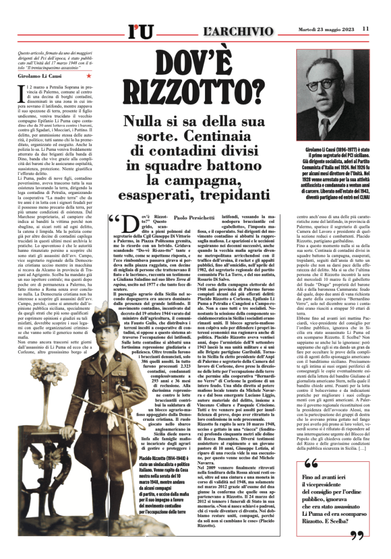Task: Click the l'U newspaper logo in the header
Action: coord(140,33)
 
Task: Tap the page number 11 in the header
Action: coord(365,28)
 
